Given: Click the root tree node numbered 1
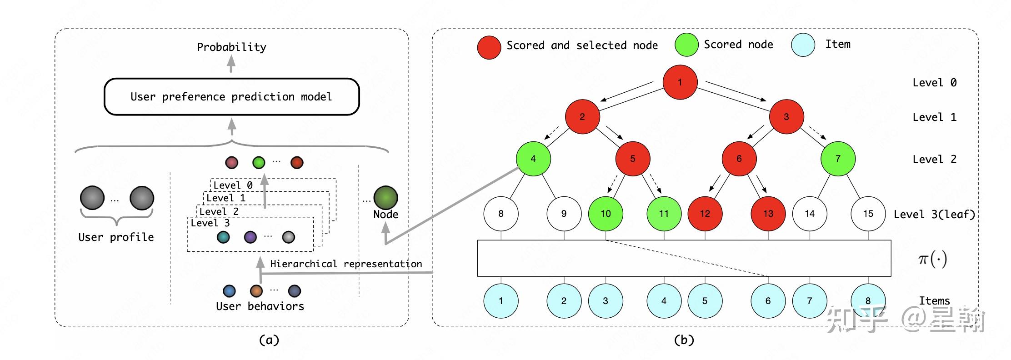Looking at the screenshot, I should click(680, 82).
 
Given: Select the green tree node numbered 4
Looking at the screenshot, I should click(533, 159).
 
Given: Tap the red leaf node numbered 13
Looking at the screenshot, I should click(768, 214).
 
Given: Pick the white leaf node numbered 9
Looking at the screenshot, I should click(564, 214).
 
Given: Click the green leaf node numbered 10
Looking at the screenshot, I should click(606, 214).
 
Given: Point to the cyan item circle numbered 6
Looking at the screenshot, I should click(768, 301).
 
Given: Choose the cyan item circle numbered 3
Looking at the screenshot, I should click(606, 301).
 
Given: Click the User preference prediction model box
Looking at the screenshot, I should click(231, 97).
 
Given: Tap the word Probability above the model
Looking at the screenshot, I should click(231, 47).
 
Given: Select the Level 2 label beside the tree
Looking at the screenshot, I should click(934, 160).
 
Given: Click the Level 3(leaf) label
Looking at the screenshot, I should click(934, 215).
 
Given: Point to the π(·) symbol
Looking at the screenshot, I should click(932, 259).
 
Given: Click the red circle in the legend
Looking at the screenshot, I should click(489, 48).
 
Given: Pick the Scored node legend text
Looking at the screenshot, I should click(738, 45).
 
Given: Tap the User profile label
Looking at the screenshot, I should click(116, 237).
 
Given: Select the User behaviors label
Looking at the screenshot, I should click(260, 306).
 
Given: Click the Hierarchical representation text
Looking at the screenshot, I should click(346, 264).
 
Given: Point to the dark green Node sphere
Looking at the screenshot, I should click(385, 197).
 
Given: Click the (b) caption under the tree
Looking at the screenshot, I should click(684, 340).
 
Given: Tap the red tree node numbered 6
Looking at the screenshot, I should click(739, 159).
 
